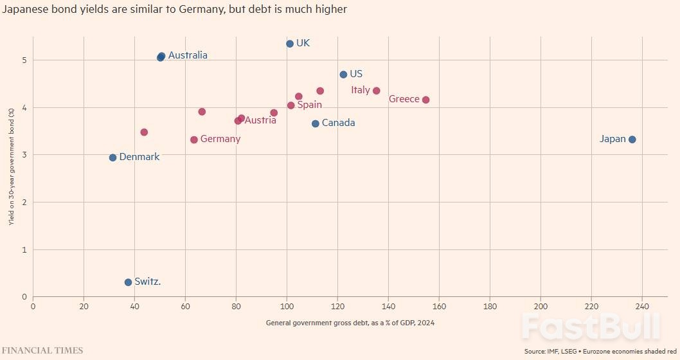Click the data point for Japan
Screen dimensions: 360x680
(x=632, y=139)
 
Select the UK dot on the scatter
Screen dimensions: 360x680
(x=290, y=44)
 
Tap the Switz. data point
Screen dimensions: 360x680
(x=128, y=282)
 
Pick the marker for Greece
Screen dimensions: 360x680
(x=425, y=100)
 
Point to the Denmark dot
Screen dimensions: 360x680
(x=112, y=157)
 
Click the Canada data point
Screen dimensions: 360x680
(x=315, y=123)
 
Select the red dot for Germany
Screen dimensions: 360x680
(x=194, y=139)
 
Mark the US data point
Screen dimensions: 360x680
(x=343, y=75)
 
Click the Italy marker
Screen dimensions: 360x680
(x=377, y=91)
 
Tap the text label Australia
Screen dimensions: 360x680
(x=188, y=55)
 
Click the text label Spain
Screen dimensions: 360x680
(x=310, y=105)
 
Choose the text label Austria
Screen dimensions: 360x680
(x=260, y=120)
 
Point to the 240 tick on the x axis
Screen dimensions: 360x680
(x=642, y=307)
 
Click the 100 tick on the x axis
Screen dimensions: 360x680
(x=287, y=307)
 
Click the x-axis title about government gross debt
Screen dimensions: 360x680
(x=350, y=323)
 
